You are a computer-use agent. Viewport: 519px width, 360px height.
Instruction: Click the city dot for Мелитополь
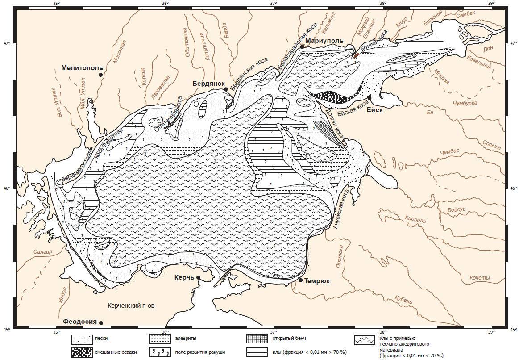101,75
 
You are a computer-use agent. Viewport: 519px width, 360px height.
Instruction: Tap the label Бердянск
207,83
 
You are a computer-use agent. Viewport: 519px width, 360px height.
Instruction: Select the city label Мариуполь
324,41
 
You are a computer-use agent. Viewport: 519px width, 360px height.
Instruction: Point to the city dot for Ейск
370,97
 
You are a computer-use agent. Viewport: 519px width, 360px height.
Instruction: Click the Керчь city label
184,278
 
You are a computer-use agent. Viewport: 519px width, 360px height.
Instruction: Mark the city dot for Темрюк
301,280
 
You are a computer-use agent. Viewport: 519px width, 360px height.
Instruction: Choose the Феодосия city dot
101,323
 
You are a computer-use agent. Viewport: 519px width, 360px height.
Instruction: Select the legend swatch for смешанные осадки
82,352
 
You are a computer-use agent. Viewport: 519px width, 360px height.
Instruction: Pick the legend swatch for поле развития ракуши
161,352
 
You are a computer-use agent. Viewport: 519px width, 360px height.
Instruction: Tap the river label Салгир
42,252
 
